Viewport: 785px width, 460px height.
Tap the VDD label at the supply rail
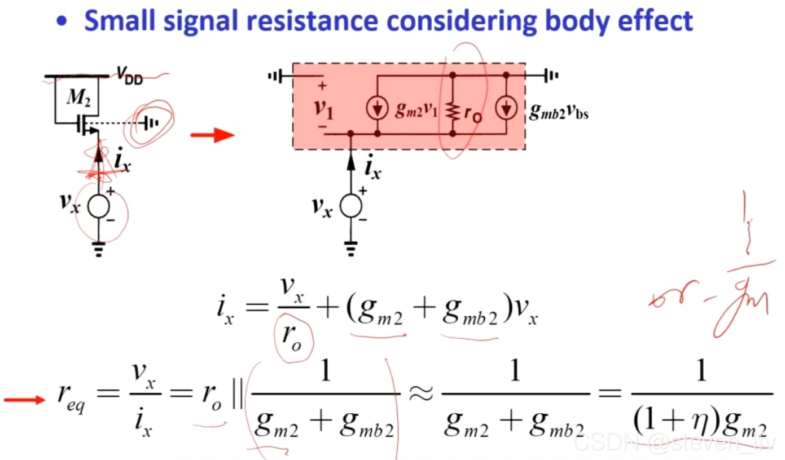pyautogui.click(x=130, y=75)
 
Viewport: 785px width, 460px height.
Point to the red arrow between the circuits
pyautogui.click(x=212, y=135)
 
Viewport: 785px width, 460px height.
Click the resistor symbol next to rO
pyautogui.click(x=452, y=110)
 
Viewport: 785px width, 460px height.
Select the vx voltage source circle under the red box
pyautogui.click(x=350, y=206)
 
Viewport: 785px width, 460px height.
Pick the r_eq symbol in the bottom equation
pyautogui.click(x=72, y=400)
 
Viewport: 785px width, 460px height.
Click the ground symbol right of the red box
pyautogui.click(x=550, y=75)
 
